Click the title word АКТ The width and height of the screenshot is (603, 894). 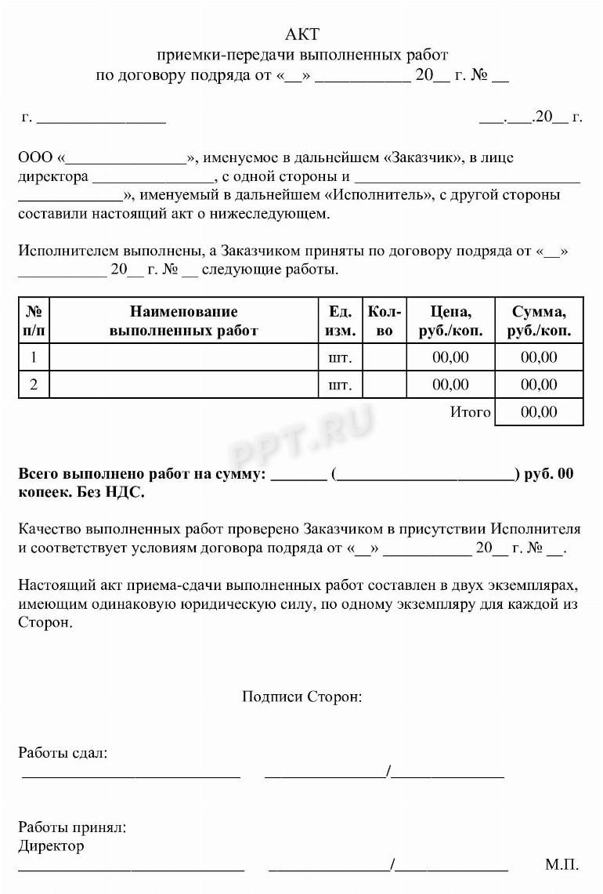(x=302, y=34)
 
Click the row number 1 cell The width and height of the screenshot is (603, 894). (x=34, y=357)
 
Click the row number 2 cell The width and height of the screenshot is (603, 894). (x=34, y=385)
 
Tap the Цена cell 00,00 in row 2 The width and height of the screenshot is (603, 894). (x=450, y=385)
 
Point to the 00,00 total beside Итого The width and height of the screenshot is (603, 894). (x=539, y=412)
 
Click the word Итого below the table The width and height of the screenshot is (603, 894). (x=470, y=412)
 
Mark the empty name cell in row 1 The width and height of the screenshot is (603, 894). (x=183, y=357)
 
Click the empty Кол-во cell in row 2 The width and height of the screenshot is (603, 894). (x=385, y=385)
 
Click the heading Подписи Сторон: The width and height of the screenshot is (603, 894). (x=302, y=697)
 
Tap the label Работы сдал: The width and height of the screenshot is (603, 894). (x=63, y=753)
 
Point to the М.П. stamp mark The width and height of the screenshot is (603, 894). (x=562, y=865)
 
